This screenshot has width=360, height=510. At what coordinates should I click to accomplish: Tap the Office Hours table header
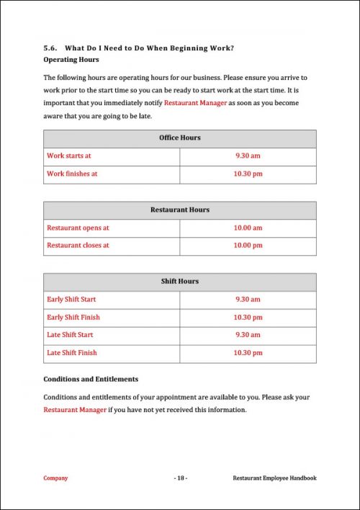tap(180, 138)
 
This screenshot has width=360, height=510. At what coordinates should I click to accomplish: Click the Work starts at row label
tap(69, 156)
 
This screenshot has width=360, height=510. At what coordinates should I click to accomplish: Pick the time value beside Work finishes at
tap(248, 174)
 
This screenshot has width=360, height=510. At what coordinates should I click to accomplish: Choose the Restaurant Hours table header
tap(180, 210)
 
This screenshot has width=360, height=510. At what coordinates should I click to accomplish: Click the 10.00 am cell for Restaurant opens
tap(248, 228)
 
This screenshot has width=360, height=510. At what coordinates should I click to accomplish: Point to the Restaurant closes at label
tap(78, 245)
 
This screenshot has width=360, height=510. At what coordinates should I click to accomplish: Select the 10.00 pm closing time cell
tap(248, 245)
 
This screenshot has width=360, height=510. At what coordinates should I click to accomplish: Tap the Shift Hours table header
tap(180, 281)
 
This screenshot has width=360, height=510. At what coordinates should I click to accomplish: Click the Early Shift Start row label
tap(71, 299)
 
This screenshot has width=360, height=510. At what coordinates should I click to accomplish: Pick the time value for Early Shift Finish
tap(248, 317)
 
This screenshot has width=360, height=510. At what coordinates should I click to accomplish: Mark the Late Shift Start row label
tap(70, 335)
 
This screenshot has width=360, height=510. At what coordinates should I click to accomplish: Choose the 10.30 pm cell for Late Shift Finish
tap(248, 353)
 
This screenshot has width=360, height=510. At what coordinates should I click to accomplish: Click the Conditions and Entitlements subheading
tap(91, 379)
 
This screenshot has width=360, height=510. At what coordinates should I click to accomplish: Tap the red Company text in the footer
tap(55, 478)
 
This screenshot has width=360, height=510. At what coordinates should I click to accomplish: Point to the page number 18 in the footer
tap(180, 478)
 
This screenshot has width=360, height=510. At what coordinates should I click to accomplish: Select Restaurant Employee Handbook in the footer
tap(274, 478)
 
